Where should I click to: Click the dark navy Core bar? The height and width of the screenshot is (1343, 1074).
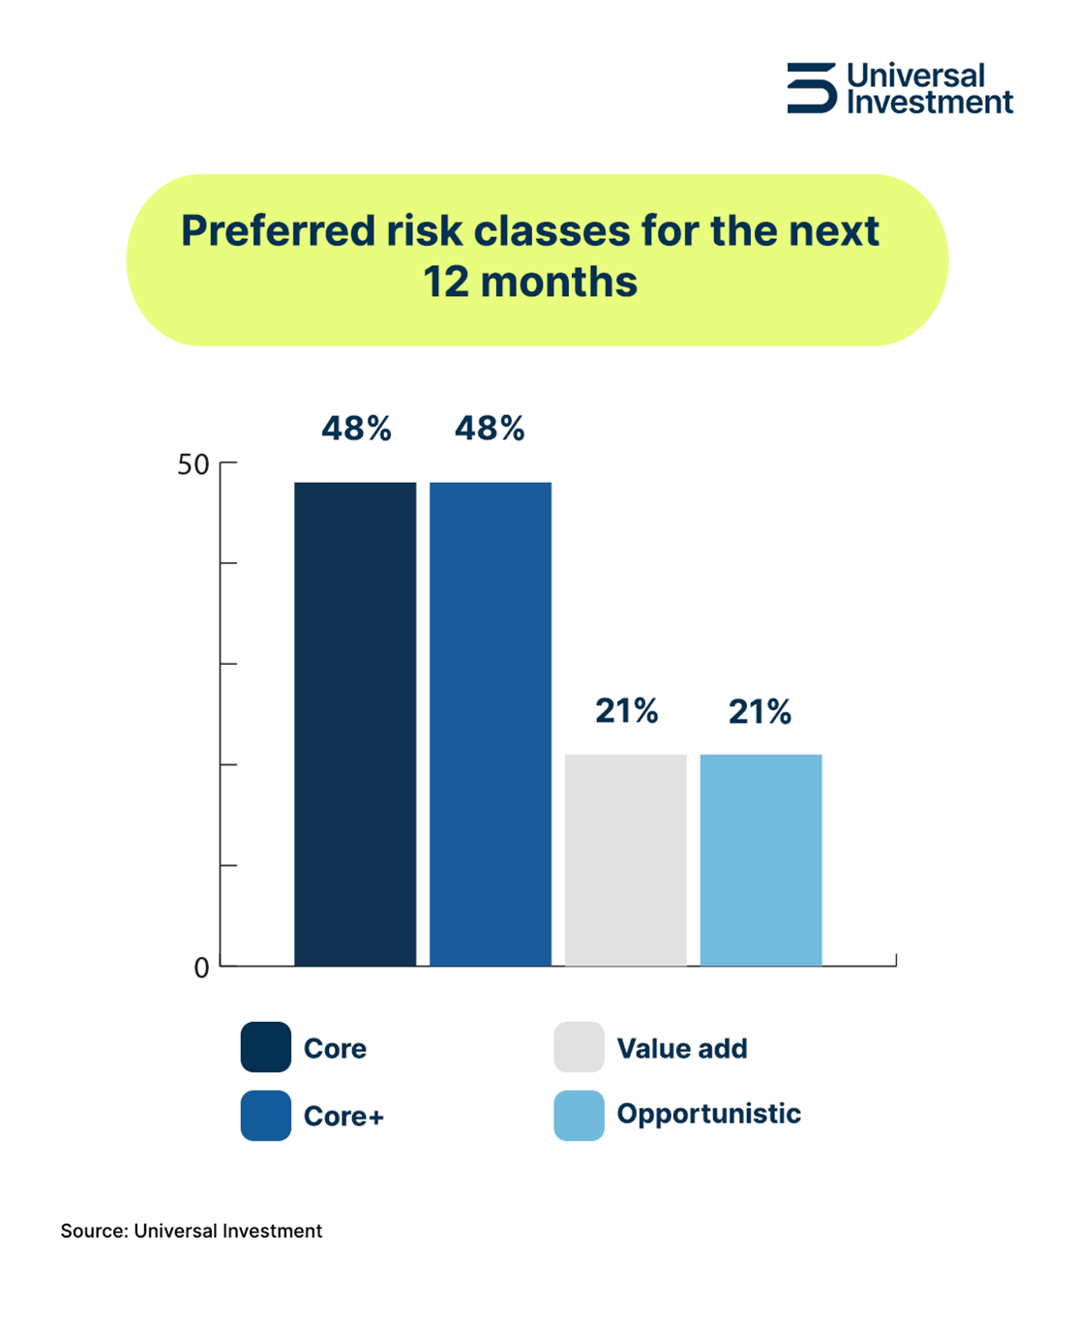[355, 724]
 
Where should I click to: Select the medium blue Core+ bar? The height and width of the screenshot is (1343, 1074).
[491, 724]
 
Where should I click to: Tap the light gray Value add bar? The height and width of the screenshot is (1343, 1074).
[626, 860]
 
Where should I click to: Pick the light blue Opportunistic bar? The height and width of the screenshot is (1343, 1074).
[761, 860]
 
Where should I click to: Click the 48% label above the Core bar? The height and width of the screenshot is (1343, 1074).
[356, 429]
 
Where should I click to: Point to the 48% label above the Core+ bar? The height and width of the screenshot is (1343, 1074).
[490, 429]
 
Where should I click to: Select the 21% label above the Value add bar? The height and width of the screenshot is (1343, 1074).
[627, 711]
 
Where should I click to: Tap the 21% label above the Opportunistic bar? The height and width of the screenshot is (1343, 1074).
[761, 711]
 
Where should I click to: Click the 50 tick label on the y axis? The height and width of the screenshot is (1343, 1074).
[193, 464]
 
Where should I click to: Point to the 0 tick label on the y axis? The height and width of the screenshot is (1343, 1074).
[201, 968]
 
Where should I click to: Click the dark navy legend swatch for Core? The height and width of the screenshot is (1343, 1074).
[266, 1047]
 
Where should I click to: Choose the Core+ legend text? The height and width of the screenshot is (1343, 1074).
[343, 1116]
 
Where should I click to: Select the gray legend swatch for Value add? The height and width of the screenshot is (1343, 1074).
[580, 1047]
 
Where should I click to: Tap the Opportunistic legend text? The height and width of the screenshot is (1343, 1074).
[709, 1114]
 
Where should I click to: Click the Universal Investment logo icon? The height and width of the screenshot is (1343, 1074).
[811, 88]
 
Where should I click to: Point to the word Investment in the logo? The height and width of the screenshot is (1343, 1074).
[930, 103]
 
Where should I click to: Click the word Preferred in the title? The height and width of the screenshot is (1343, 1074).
[279, 231]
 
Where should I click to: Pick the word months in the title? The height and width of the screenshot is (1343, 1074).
[559, 283]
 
